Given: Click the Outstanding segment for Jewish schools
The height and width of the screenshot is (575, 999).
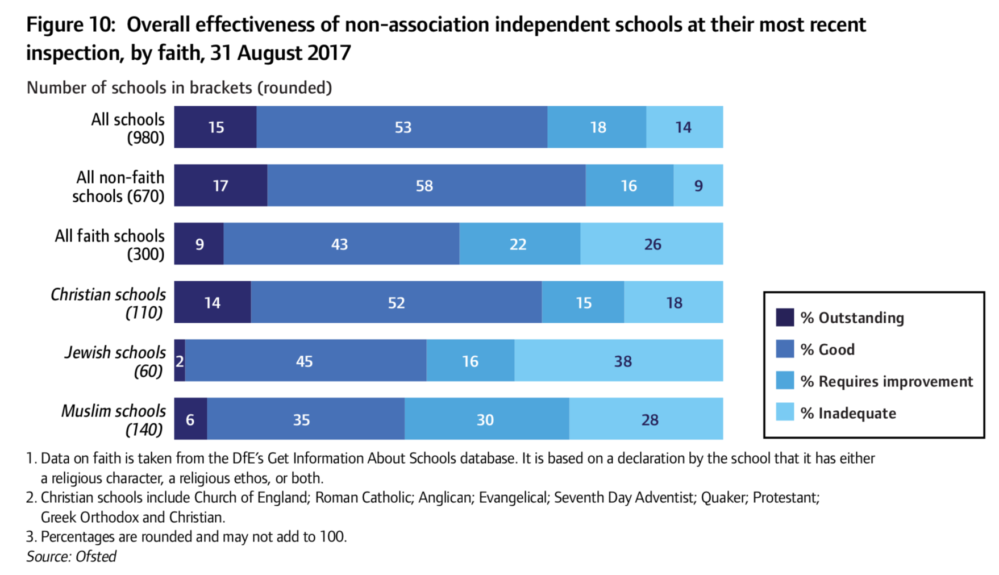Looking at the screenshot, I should coord(180,360).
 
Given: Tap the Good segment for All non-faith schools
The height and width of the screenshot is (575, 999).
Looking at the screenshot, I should coord(426,186).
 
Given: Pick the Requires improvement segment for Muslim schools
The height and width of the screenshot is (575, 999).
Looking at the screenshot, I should coord(486,419).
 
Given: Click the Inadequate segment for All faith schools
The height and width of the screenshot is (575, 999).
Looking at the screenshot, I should coord(651,244).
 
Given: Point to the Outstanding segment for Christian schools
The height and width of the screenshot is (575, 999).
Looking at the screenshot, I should coord(213,302).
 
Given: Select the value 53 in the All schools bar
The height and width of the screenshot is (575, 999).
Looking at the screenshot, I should coord(403,127).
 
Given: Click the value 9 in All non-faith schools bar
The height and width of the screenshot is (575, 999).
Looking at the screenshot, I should coord(698,186).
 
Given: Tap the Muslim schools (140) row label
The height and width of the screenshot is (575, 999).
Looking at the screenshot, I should coord(114,420).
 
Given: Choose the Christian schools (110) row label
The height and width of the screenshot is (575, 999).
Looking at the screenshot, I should coord(108,303).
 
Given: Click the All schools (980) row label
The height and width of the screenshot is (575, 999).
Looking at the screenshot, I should coord(128,128).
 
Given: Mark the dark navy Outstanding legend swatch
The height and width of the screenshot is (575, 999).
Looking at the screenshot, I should coord(785,317).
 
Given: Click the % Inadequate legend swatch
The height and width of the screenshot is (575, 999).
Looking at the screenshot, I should coord(785,412).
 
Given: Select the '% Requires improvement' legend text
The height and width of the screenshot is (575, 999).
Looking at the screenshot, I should coord(886,381).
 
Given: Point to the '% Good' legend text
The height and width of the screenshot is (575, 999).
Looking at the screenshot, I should coord(827,349).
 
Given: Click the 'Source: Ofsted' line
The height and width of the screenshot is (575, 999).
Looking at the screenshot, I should coord(72,556).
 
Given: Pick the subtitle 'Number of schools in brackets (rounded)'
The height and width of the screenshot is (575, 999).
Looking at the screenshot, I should coord(179,88).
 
